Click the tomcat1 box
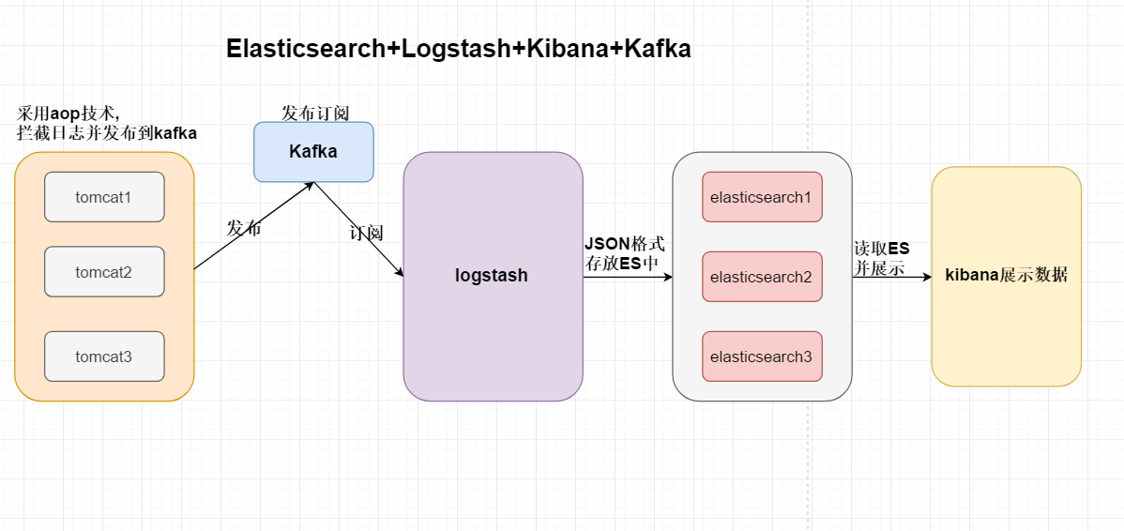(x=104, y=197)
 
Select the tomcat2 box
(x=104, y=272)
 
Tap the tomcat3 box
(x=104, y=357)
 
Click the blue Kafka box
(x=313, y=152)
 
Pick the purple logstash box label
(x=492, y=276)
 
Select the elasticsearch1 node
(x=761, y=197)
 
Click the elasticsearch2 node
(x=761, y=277)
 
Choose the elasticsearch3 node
(x=761, y=357)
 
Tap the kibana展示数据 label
(x=1006, y=276)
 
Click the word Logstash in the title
(x=456, y=50)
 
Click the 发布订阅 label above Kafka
(x=315, y=113)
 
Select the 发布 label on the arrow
(x=244, y=228)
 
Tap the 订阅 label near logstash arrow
(x=366, y=233)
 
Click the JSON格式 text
(x=624, y=244)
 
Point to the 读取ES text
(x=881, y=249)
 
